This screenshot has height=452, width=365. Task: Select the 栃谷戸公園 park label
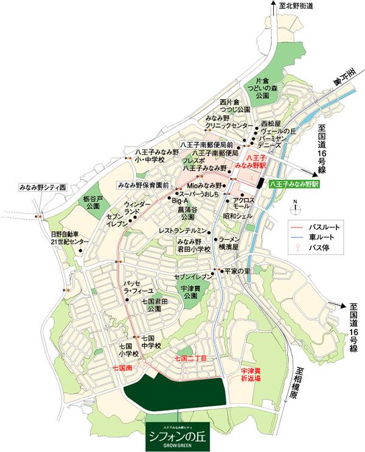93,202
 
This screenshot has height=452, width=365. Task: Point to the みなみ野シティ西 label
41,188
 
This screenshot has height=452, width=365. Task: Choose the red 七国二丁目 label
190,359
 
